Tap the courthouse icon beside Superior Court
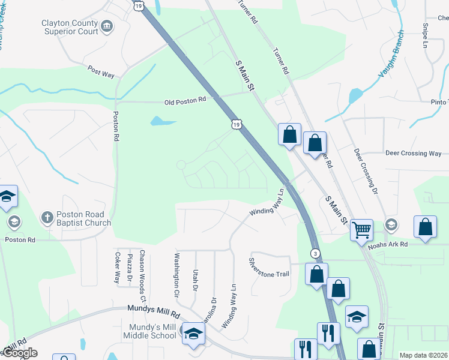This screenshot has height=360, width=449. [x=107, y=26]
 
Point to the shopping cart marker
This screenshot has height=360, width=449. [x=361, y=229]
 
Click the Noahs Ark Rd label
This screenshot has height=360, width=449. [x=387, y=244]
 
